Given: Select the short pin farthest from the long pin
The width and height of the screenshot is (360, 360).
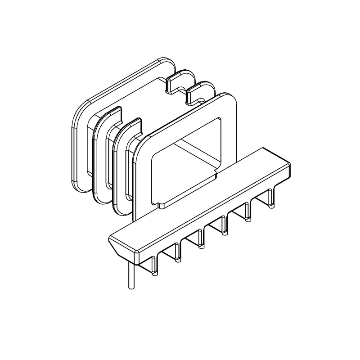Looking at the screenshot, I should coord(270,198).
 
